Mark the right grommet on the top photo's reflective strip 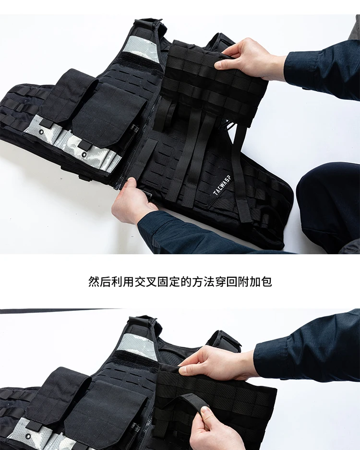pyautogui.click(x=84, y=154)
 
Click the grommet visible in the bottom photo pyautogui.click(x=28, y=437)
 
